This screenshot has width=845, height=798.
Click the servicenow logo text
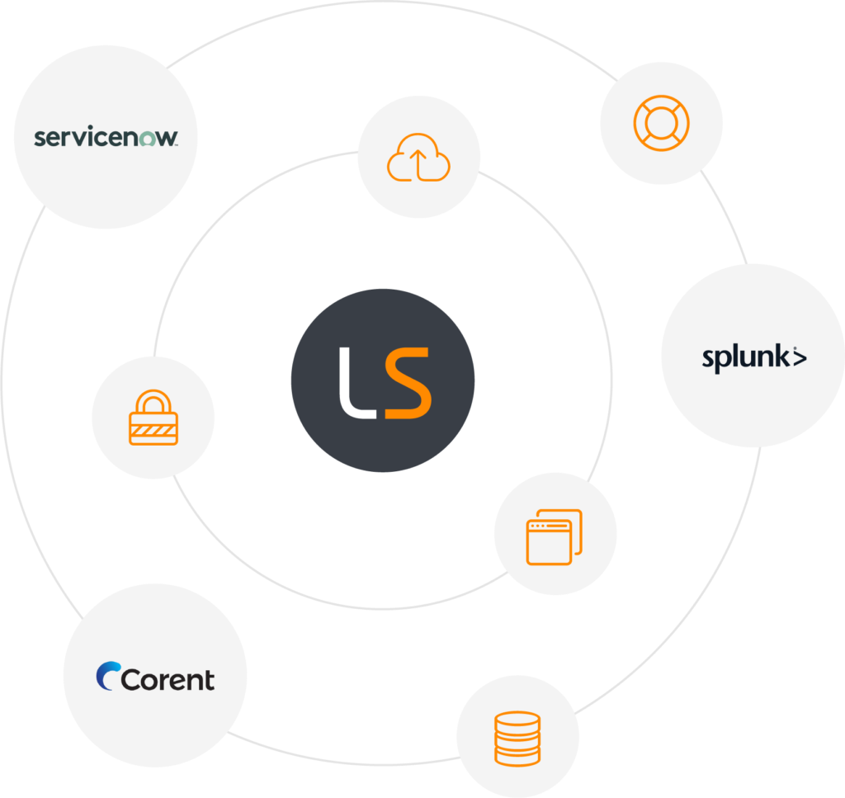106,136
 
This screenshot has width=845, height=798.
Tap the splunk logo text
754,358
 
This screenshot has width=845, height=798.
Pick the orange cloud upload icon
418,158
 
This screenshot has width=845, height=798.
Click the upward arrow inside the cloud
418,165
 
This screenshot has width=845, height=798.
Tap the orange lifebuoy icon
661,123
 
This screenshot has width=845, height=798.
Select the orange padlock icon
153,418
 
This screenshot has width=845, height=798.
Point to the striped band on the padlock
153,430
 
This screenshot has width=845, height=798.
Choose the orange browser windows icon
555,537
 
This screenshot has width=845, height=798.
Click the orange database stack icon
517,739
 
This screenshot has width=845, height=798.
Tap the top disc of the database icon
517,719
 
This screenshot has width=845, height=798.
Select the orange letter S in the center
408,383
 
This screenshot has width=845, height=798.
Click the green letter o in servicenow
148,139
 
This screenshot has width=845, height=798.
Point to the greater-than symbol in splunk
800,357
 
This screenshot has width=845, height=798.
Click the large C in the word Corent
131,679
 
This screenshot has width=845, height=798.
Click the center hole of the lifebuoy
661,123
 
